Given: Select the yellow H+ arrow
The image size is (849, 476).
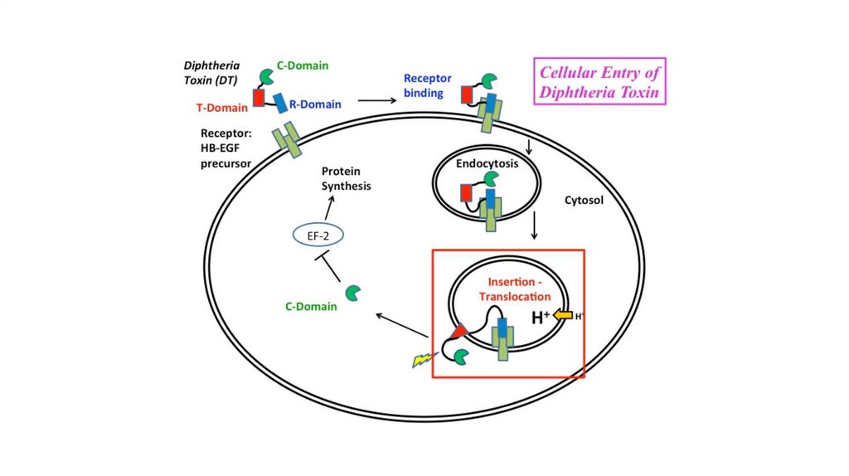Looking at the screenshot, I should coord(563,315).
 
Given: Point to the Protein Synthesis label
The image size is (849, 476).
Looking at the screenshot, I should coord(347,178).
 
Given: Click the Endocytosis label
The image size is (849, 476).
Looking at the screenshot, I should coord(487,164).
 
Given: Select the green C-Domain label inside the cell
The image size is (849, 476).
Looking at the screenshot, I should coord(311,307).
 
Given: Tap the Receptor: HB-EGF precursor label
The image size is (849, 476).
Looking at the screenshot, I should coord(226,148).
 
